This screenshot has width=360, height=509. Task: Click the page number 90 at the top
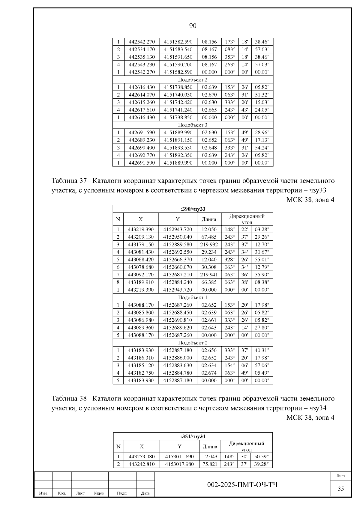click(193, 26)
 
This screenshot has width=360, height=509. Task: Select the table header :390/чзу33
click(193, 209)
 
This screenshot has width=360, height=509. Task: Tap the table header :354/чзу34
click(193, 436)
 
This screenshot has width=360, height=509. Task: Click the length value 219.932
click(209, 244)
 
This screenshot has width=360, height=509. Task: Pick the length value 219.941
click(209, 275)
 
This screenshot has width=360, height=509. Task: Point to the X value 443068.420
click(141, 260)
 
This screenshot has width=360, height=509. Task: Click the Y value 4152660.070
click(178, 267)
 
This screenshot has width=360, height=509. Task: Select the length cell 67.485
click(209, 237)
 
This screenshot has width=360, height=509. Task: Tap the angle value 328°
click(229, 260)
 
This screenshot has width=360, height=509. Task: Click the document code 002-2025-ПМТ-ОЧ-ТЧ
click(242, 485)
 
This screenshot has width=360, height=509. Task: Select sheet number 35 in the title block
click(341, 489)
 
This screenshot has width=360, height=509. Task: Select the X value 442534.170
click(142, 49)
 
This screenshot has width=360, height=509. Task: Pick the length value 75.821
click(210, 464)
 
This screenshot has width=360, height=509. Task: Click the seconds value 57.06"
click(262, 365)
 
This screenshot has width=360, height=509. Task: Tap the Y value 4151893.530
click(178, 147)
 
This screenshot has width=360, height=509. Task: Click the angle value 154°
click(229, 365)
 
